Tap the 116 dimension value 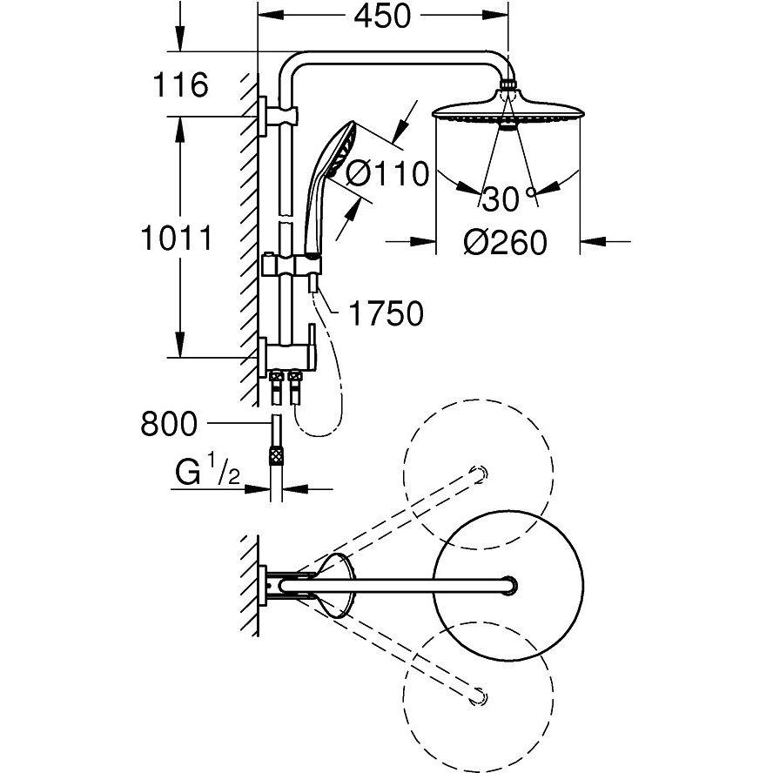tap(181, 85)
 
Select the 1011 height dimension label tap(177, 237)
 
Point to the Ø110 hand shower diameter tap(387, 173)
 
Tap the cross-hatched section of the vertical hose tap(277, 454)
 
